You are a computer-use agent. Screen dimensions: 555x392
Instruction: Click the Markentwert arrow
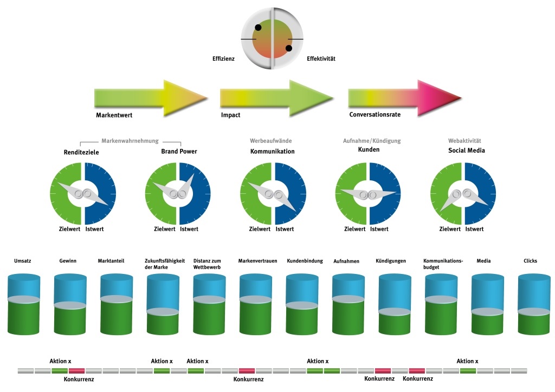(x=151, y=98)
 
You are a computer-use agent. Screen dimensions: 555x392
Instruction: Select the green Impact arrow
(x=276, y=98)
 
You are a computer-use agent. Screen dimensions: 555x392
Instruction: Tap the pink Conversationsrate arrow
(x=405, y=98)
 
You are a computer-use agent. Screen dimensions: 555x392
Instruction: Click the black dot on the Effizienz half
(x=258, y=28)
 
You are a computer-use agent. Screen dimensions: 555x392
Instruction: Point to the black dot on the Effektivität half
(x=289, y=48)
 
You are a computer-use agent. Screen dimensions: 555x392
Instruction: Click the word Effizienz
(x=223, y=58)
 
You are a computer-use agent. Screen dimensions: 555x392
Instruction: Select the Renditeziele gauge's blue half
(x=100, y=193)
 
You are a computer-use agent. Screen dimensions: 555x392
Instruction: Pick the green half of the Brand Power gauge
(x=160, y=193)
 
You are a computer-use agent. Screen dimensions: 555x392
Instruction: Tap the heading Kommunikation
(x=272, y=151)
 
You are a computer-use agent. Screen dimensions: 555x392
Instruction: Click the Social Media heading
(x=467, y=150)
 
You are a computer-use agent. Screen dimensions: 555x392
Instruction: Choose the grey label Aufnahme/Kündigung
(x=372, y=141)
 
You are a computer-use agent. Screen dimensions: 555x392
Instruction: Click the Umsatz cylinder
(x=24, y=304)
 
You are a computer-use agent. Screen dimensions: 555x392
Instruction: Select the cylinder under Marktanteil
(x=117, y=304)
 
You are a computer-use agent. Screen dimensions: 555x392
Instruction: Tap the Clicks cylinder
(x=534, y=304)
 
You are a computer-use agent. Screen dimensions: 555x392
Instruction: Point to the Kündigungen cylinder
(x=395, y=304)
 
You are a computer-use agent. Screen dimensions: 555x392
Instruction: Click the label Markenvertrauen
(x=257, y=261)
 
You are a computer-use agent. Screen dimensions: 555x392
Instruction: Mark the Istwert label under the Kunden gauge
(x=379, y=229)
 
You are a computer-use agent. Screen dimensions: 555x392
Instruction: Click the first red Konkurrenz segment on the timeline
(x=76, y=371)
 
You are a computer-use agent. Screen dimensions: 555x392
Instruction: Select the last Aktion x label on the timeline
(x=467, y=361)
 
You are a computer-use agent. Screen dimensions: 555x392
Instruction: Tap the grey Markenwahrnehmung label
(x=130, y=141)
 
